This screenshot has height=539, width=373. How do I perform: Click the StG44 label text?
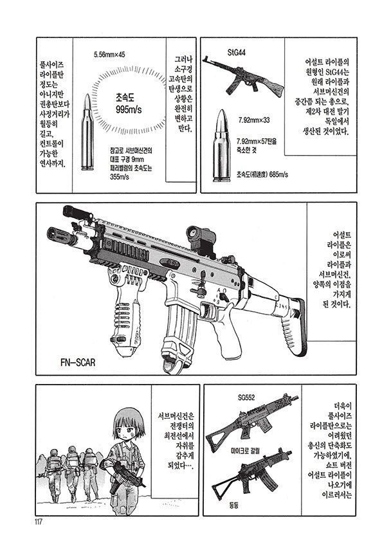coord(237,53)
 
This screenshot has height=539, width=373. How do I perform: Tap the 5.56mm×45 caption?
coord(109,54)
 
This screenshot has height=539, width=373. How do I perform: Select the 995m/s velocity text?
coord(128,109)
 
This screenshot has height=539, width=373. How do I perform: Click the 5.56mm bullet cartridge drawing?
coord(87,132)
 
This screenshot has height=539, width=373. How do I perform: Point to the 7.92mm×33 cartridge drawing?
coord(221,145)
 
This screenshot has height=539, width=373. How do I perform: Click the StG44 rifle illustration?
coord(242,77)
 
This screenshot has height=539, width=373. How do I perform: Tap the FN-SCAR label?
coord(78,362)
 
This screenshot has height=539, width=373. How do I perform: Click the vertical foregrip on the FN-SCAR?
coord(126,313)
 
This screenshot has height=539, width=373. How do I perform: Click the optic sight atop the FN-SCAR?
coord(201,239)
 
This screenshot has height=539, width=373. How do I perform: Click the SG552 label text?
coord(246,397)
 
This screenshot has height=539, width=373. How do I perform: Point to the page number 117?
coord(38,522)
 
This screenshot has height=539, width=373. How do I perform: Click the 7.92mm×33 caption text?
coord(254,120)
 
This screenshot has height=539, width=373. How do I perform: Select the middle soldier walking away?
coord(71,473)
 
